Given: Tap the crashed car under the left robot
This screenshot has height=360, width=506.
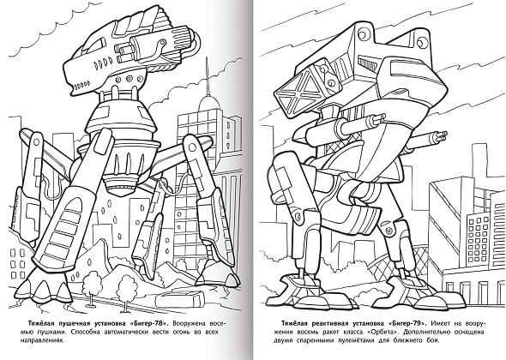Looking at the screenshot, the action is [x=179, y=298].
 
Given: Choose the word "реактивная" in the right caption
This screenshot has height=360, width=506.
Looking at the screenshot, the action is [x=330, y=323].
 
